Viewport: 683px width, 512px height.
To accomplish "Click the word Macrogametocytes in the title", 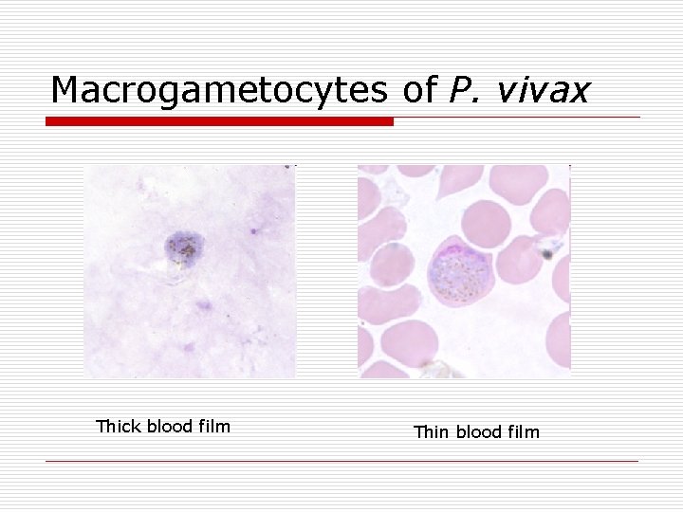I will [x=218, y=90].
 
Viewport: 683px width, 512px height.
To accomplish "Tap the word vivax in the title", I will [x=544, y=90].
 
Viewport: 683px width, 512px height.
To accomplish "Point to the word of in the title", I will [x=417, y=90].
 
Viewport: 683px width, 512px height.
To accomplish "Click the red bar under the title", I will [x=220, y=121].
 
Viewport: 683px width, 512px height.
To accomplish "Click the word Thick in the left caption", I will [x=118, y=427].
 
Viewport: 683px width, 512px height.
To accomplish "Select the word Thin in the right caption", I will [x=432, y=432].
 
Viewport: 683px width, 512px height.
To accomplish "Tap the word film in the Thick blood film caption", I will [x=213, y=427].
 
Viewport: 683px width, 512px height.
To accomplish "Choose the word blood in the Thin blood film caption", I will [x=482, y=432].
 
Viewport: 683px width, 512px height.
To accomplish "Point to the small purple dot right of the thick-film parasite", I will [x=254, y=230].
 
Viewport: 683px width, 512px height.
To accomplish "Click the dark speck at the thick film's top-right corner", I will [x=288, y=167].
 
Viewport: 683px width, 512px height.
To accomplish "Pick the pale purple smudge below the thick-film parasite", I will [x=202, y=305].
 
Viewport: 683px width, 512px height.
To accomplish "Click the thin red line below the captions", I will [x=341, y=462].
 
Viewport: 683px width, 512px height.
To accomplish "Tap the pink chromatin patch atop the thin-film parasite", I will [x=453, y=251].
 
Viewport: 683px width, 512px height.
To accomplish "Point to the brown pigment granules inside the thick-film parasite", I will [x=182, y=251].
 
